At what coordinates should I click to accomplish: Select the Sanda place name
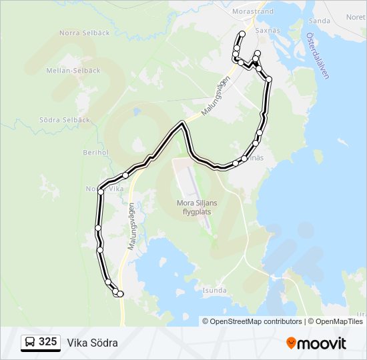(x=320, y=21)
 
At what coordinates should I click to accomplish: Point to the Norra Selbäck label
(x=79, y=33)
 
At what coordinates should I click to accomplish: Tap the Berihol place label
(x=95, y=153)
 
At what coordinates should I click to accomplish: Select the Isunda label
(x=215, y=291)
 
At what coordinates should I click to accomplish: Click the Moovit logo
(x=316, y=343)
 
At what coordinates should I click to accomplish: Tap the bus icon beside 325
(x=30, y=343)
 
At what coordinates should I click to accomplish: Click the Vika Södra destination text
(x=92, y=343)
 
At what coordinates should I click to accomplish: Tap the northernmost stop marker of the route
(x=242, y=34)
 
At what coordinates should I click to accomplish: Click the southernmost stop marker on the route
(x=120, y=294)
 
